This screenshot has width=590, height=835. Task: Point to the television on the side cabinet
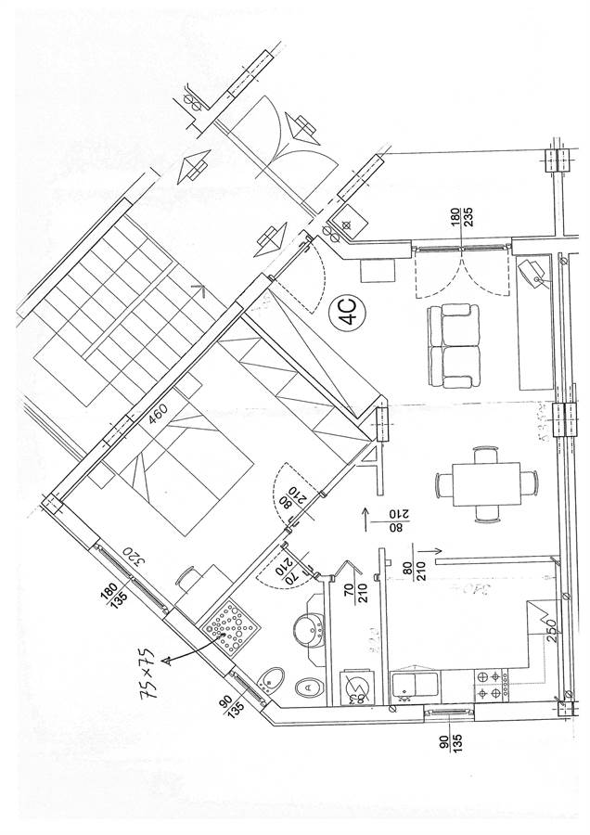pyautogui.click(x=533, y=273)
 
